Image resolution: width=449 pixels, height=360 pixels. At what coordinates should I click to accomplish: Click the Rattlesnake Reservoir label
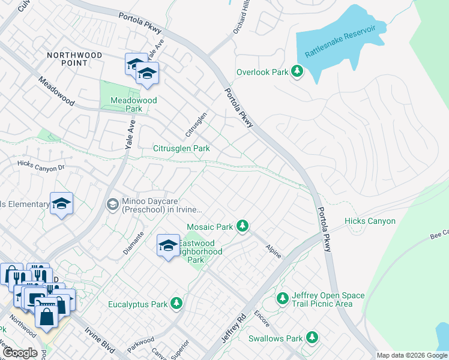point(340,41)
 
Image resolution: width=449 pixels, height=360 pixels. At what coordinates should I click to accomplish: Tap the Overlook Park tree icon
point(297,71)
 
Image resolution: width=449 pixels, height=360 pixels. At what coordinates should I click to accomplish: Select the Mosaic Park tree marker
point(242,226)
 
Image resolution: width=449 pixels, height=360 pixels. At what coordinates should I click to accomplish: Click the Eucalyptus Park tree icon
point(176,304)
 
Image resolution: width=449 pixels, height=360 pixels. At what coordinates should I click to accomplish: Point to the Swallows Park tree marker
point(312,338)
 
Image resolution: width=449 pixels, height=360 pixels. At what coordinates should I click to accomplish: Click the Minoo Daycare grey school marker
point(112,205)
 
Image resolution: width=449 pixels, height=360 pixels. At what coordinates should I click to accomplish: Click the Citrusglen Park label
point(181,148)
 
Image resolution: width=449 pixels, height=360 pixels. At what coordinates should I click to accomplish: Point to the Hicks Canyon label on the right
point(370,221)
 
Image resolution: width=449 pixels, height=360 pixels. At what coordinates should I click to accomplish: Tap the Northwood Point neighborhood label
point(75,59)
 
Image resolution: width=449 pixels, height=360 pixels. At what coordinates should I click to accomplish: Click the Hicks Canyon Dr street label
point(41,166)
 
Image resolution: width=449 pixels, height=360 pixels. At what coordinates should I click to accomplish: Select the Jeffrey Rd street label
point(234,328)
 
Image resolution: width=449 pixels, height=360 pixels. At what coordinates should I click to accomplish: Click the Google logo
point(20,352)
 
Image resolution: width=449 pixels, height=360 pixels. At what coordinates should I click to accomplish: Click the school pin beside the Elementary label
point(61,205)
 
